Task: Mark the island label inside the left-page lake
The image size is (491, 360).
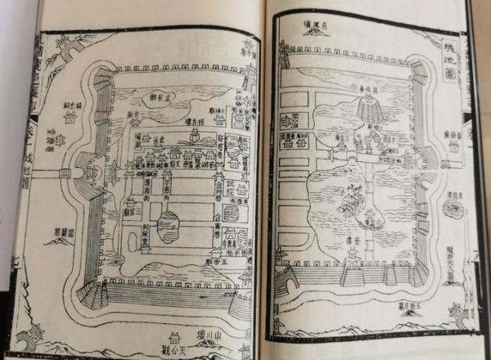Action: tap(156, 100)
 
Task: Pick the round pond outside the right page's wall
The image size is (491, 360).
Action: tap(453, 209)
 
